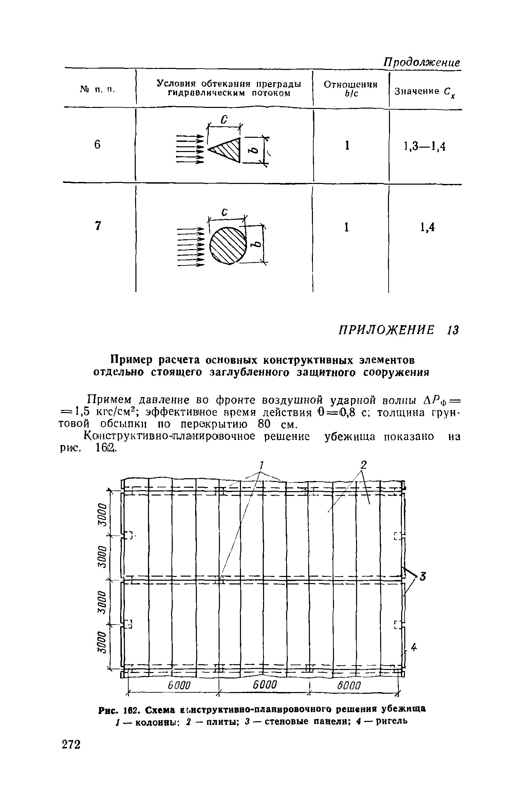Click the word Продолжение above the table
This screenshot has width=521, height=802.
coord(421,62)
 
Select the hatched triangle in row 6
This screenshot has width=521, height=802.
coord(227,149)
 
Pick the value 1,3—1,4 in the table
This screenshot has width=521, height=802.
coord(425,146)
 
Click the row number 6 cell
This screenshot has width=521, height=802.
coord(97,145)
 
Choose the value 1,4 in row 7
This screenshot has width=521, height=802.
coord(427,228)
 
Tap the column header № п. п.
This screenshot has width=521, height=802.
coord(98,89)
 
